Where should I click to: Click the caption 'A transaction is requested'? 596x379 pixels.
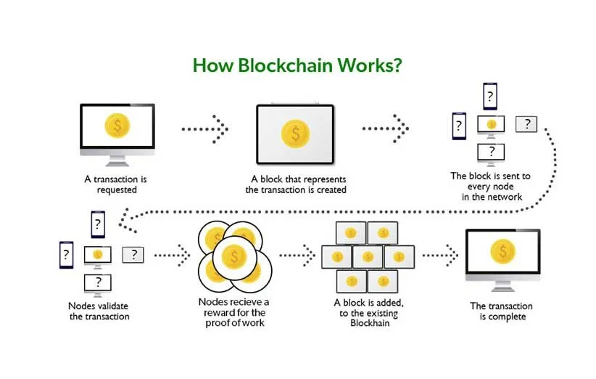point(117,184)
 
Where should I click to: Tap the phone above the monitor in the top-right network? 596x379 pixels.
point(491,97)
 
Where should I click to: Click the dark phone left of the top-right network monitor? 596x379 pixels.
point(458,126)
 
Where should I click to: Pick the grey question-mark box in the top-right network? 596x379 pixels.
point(526,124)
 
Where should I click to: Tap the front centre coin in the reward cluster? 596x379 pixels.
point(233,255)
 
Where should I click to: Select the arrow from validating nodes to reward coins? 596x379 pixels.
point(172,255)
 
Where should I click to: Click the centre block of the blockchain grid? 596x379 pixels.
point(368,256)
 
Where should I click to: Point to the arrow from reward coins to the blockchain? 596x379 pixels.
point(297,255)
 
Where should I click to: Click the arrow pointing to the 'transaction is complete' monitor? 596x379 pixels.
point(440,255)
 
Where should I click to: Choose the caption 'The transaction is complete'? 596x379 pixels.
point(501,311)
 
